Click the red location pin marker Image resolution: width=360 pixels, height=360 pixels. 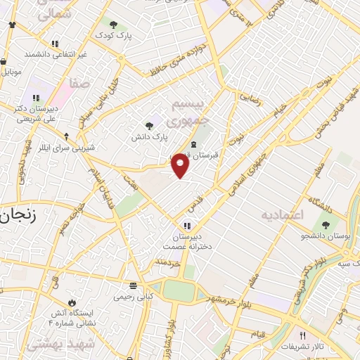(x=181, y=166)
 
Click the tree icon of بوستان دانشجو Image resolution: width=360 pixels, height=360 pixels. (x=326, y=225)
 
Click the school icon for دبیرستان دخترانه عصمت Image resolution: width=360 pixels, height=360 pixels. (x=186, y=226)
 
